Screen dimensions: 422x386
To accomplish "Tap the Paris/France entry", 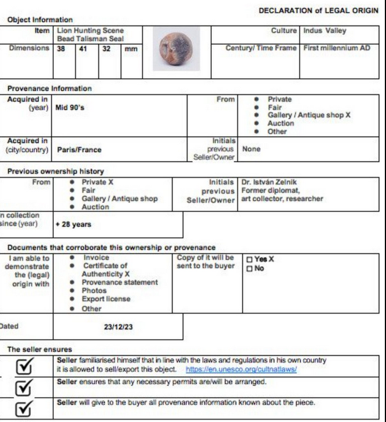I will tap(79, 149).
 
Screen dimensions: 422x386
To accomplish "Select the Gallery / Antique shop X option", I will tap(309, 115).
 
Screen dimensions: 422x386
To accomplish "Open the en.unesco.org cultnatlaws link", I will tap(241, 369).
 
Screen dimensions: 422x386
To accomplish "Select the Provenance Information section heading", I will tap(49, 88).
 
